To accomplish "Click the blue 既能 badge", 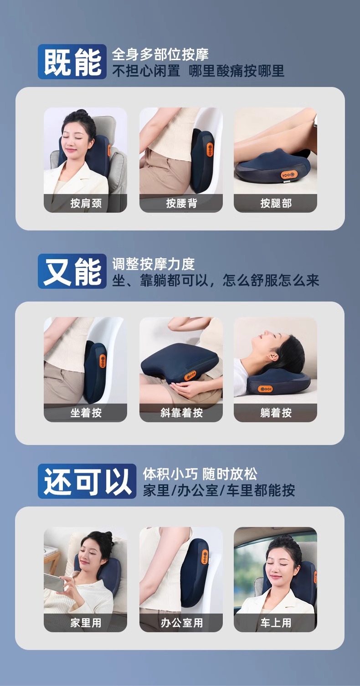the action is tap(72, 61).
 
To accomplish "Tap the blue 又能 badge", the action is tap(72, 271).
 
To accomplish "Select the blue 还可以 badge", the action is tap(87, 481).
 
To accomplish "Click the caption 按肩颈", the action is tap(86, 203).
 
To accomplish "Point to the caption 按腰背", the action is tap(181, 203).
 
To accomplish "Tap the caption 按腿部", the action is tap(276, 203).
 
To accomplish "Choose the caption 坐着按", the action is tap(86, 413).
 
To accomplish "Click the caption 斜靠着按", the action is tap(181, 413).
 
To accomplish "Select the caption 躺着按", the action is tap(276, 413).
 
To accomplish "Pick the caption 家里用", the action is tap(86, 623).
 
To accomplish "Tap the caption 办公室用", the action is tap(181, 623).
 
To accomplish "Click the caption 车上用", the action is tap(276, 623).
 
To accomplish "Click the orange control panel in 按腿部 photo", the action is tap(289, 175).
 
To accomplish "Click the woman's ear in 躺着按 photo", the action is tap(273, 357).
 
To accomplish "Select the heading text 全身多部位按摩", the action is tap(160, 55).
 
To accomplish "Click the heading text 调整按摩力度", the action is tap(153, 264).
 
